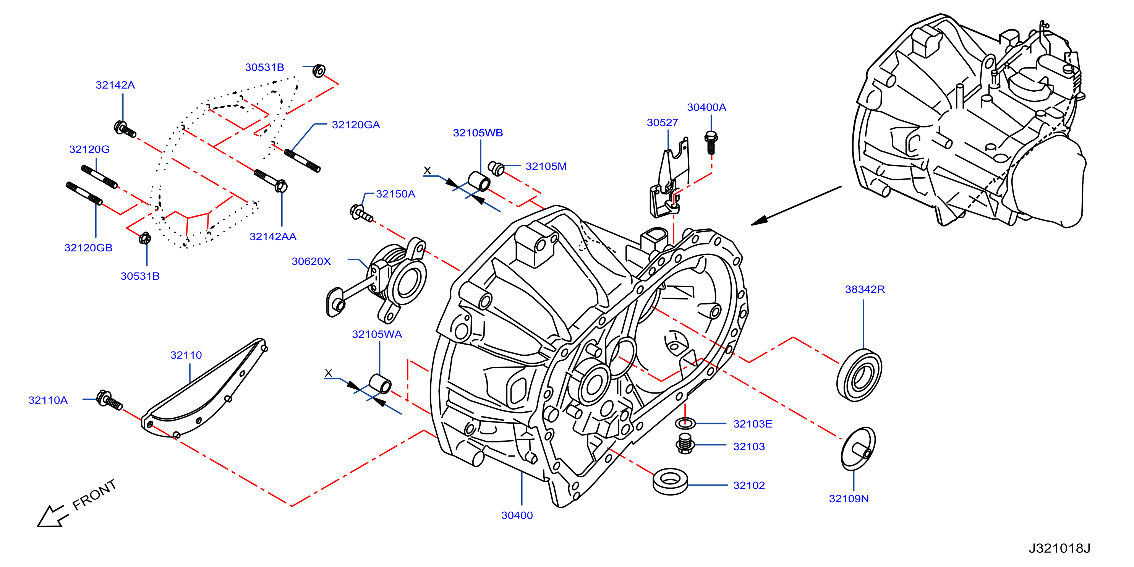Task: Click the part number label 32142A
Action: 115,85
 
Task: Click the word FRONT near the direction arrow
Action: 94,495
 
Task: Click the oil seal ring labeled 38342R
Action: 859,375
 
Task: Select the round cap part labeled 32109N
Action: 858,449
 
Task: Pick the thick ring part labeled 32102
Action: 670,481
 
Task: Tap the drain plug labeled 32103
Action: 685,443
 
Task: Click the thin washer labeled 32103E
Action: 685,423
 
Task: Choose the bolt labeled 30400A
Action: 711,142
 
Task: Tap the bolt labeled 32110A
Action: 109,400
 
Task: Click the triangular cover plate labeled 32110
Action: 204,388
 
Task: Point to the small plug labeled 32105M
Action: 496,168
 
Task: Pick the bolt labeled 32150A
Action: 361,213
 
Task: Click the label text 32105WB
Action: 478,133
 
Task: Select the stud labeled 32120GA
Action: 302,161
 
